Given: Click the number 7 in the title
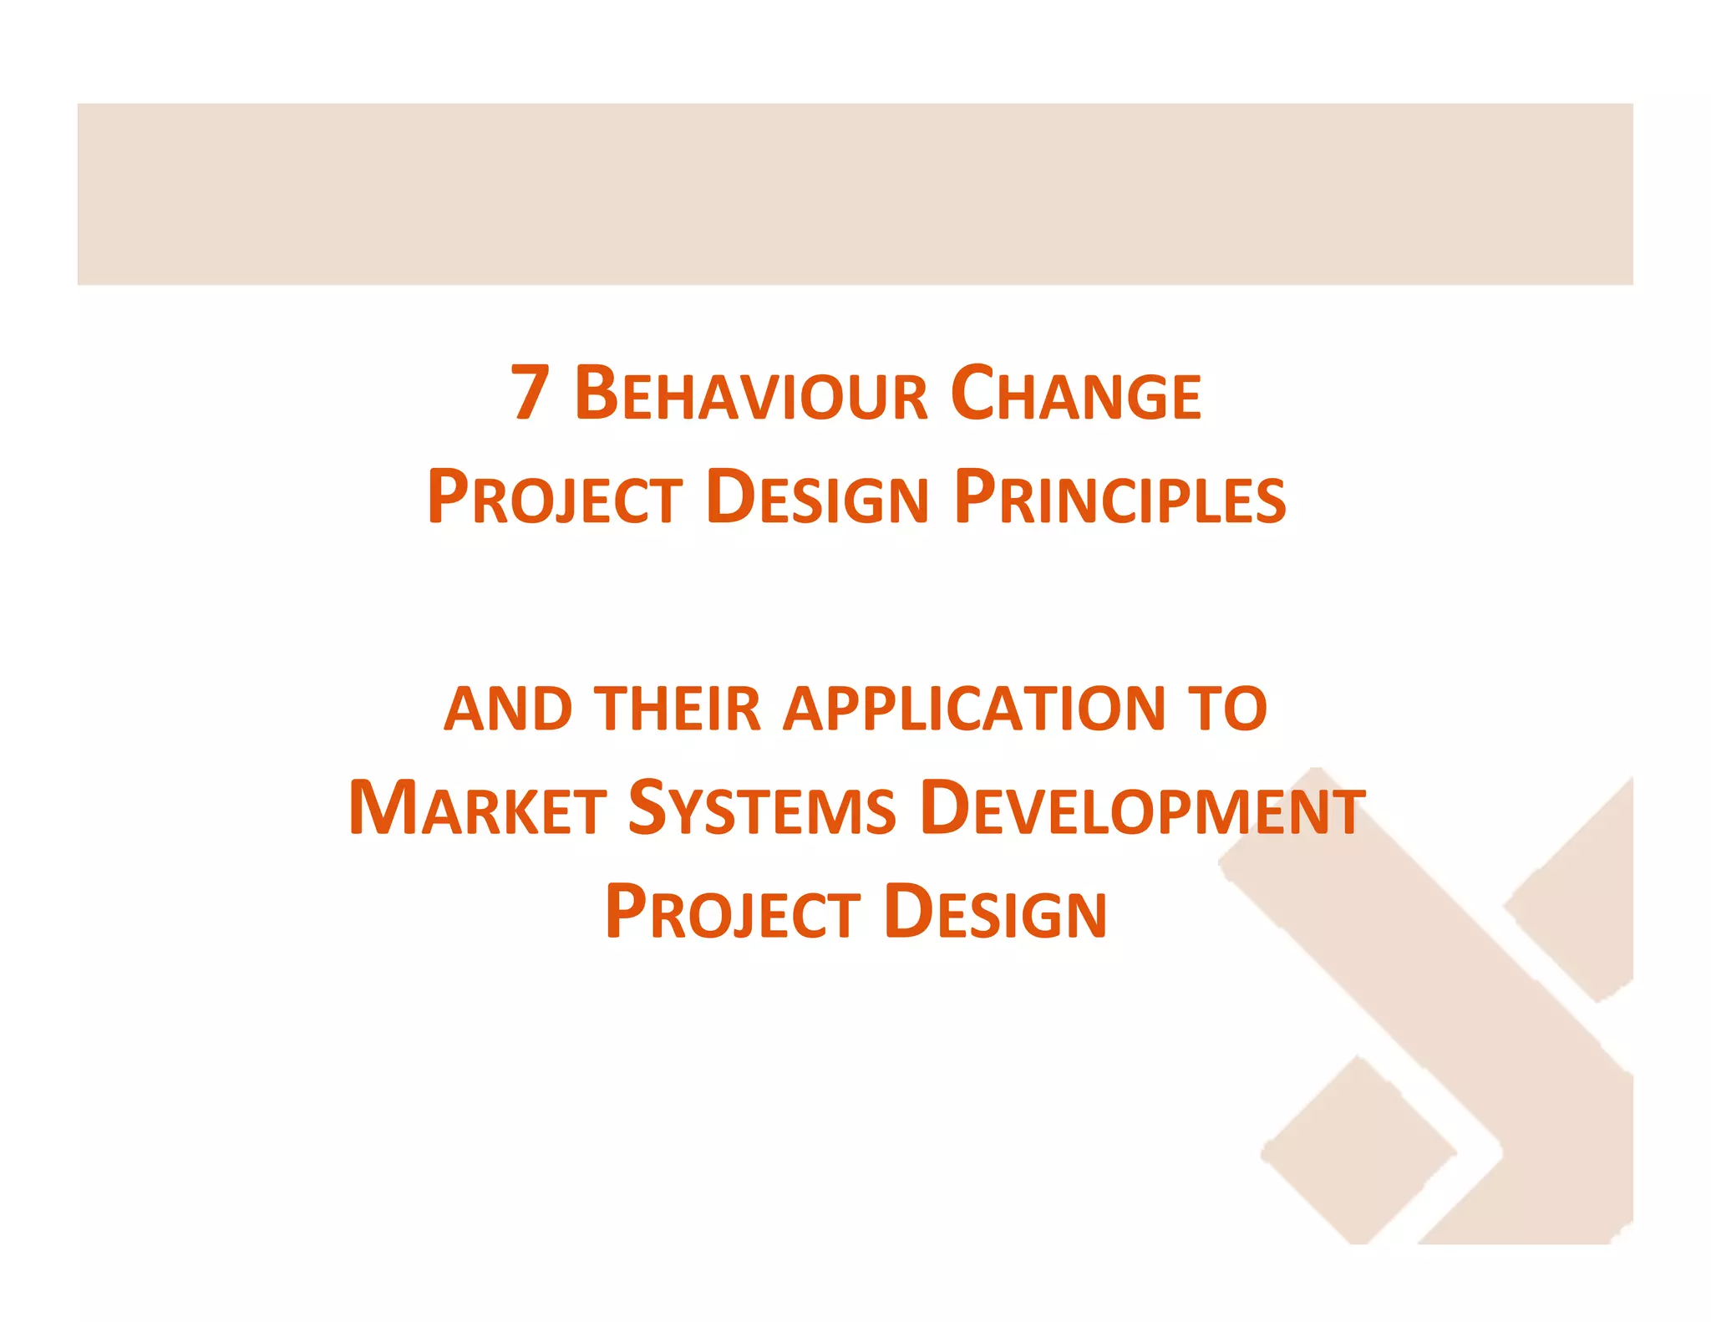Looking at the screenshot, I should pyautogui.click(x=530, y=392).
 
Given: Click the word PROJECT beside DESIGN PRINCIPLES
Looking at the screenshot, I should pyautogui.click(x=555, y=497).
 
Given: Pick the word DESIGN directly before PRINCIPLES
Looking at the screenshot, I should pyautogui.click(x=817, y=497).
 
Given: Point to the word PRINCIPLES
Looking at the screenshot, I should pyautogui.click(x=1120, y=497).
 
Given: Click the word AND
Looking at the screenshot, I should pyautogui.click(x=508, y=709).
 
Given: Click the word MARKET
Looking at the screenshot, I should pyautogui.click(x=477, y=808).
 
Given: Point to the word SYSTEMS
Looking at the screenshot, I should pyautogui.click(x=761, y=808).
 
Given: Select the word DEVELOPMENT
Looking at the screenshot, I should pyautogui.click(x=1142, y=808).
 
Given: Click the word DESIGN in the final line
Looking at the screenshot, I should pyautogui.click(x=995, y=912).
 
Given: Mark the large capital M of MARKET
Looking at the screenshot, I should pyautogui.click(x=383, y=806).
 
